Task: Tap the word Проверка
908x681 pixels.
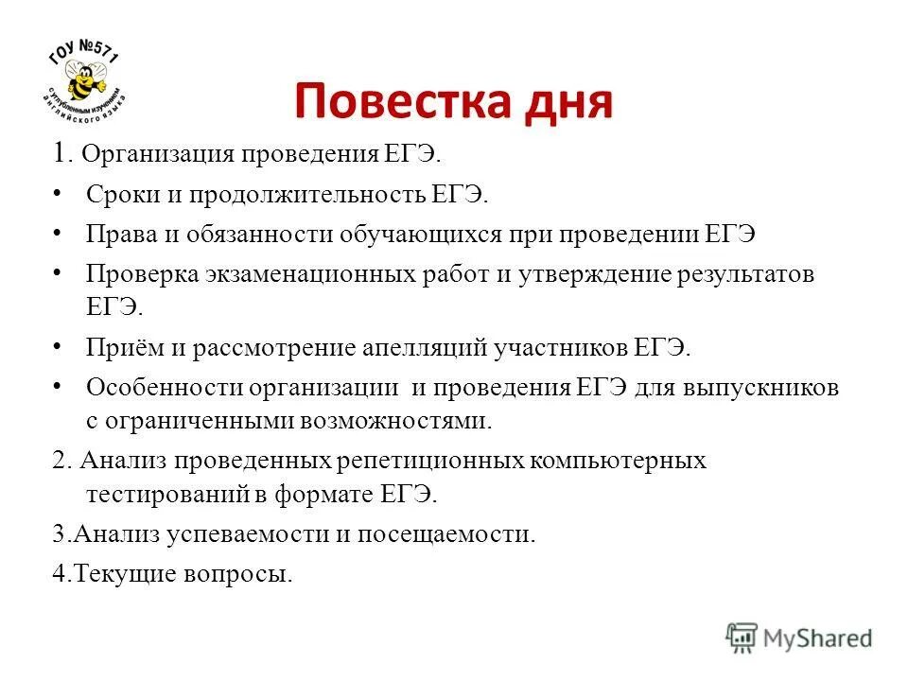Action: click(x=141, y=274)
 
